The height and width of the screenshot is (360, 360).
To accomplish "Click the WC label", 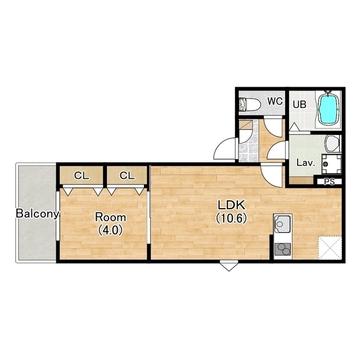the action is point(275,101).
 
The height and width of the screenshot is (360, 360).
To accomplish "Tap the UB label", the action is point(299,105).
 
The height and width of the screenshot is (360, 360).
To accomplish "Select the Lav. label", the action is point(305,163).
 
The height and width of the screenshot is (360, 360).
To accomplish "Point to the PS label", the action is point(330,182).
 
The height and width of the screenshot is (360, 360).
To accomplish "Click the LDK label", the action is point(231,205).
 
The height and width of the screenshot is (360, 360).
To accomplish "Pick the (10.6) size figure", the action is point(231,218).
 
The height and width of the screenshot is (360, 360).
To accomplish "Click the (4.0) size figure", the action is point(110,230).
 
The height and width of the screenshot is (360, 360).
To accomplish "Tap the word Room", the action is point(111,217).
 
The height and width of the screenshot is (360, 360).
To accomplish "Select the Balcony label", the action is point(37,214).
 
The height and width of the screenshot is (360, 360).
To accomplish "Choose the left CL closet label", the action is point(82,175).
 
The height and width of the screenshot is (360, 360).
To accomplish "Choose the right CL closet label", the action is point(127,175).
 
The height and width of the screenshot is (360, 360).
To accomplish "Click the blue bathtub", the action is point(328,109).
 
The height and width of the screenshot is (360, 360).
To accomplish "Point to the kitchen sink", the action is point(283,223).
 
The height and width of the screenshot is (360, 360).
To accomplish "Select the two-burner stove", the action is point(283,249).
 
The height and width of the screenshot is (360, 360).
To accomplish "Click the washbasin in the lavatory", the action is point(332,143).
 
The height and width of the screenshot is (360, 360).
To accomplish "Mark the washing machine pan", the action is point(331,164).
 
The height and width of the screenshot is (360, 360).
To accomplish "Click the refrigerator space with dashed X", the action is point(330,248).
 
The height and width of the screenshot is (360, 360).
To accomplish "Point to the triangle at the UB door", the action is point(294,127).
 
